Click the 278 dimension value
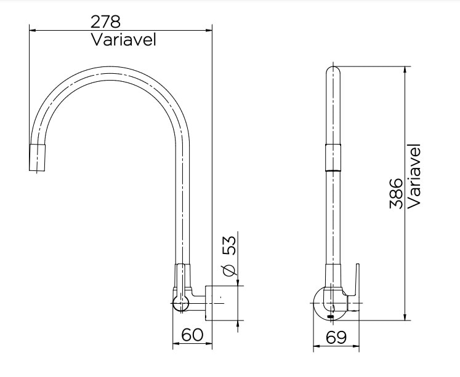click(x=106, y=22)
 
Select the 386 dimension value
click(x=397, y=194)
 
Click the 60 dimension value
click(x=192, y=335)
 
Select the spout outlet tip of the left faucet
click(x=39, y=159)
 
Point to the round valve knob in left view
click(x=181, y=303)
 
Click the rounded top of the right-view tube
click(x=333, y=72)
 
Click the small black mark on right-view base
click(x=332, y=316)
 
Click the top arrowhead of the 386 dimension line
click(x=405, y=68)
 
